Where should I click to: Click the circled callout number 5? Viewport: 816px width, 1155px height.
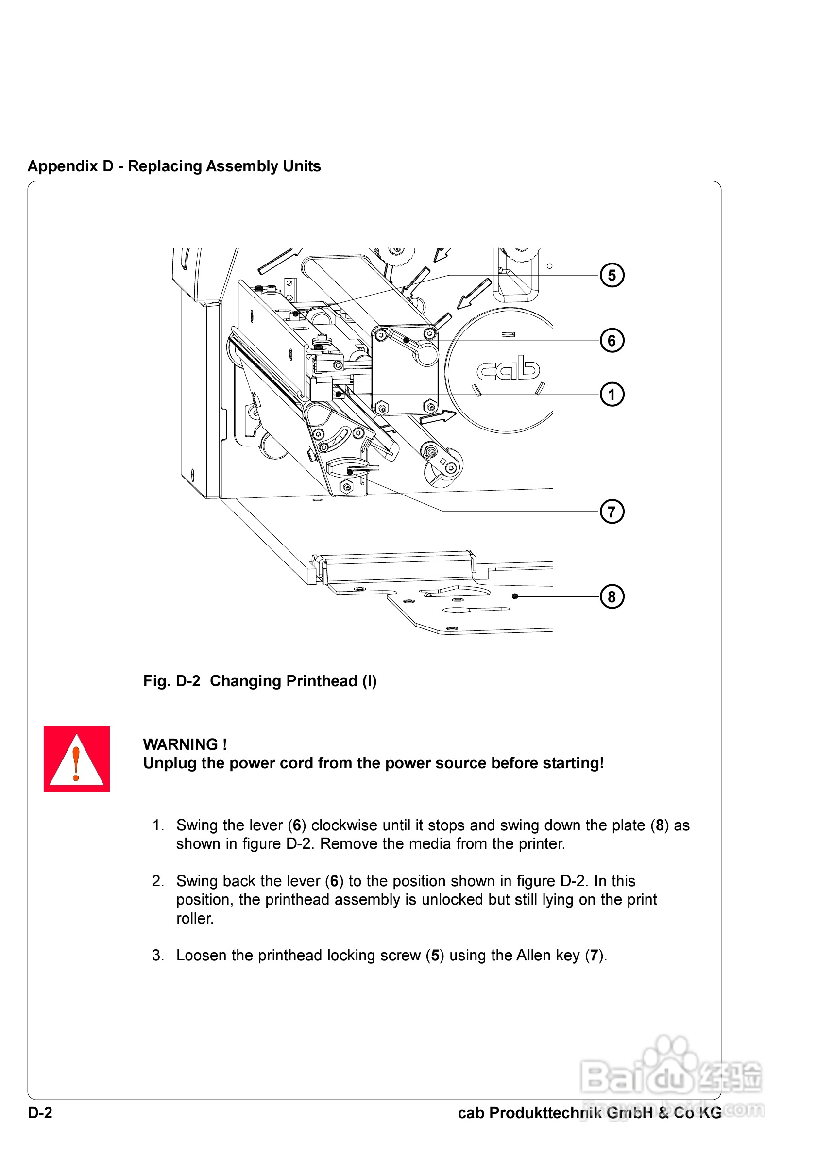point(612,275)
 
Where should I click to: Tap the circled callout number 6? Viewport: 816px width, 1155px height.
point(612,341)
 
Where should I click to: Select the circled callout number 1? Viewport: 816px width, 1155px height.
point(612,395)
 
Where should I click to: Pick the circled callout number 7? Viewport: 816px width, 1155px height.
point(612,511)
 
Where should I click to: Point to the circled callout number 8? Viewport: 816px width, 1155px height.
point(612,596)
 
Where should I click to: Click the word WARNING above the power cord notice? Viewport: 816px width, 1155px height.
point(180,744)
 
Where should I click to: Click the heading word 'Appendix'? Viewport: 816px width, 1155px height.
point(63,166)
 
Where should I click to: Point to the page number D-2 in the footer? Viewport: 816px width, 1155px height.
point(40,1113)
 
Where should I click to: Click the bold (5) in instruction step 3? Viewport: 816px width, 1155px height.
point(435,955)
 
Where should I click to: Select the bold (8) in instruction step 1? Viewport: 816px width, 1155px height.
point(660,825)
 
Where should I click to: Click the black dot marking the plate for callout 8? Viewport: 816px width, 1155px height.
point(514,596)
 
